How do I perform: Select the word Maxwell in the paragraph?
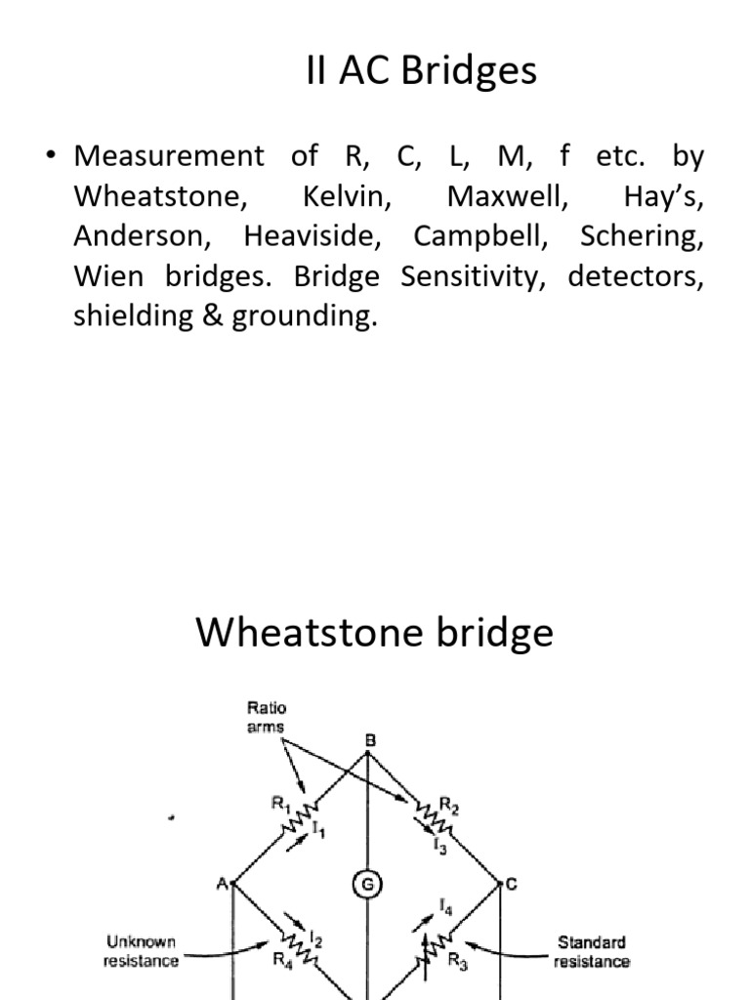507,196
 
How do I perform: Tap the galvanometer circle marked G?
367,885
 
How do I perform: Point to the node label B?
369,741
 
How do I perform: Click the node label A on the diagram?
222,884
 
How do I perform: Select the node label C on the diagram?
512,884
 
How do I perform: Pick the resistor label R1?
281,803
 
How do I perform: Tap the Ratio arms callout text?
266,717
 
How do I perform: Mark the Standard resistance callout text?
591,951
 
